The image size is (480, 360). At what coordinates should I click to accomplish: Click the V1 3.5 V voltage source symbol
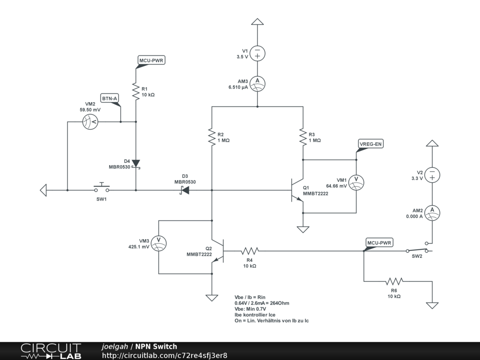[257, 53]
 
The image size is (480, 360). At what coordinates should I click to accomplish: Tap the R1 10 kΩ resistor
[136, 91]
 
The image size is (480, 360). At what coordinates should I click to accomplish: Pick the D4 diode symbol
[136, 163]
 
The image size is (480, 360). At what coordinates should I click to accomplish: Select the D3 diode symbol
[184, 190]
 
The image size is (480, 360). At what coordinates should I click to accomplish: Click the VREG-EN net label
[370, 144]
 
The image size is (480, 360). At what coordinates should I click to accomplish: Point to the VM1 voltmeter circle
[356, 183]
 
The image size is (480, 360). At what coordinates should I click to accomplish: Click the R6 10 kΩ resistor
[394, 282]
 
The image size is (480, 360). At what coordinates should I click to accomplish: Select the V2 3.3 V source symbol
[432, 175]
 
